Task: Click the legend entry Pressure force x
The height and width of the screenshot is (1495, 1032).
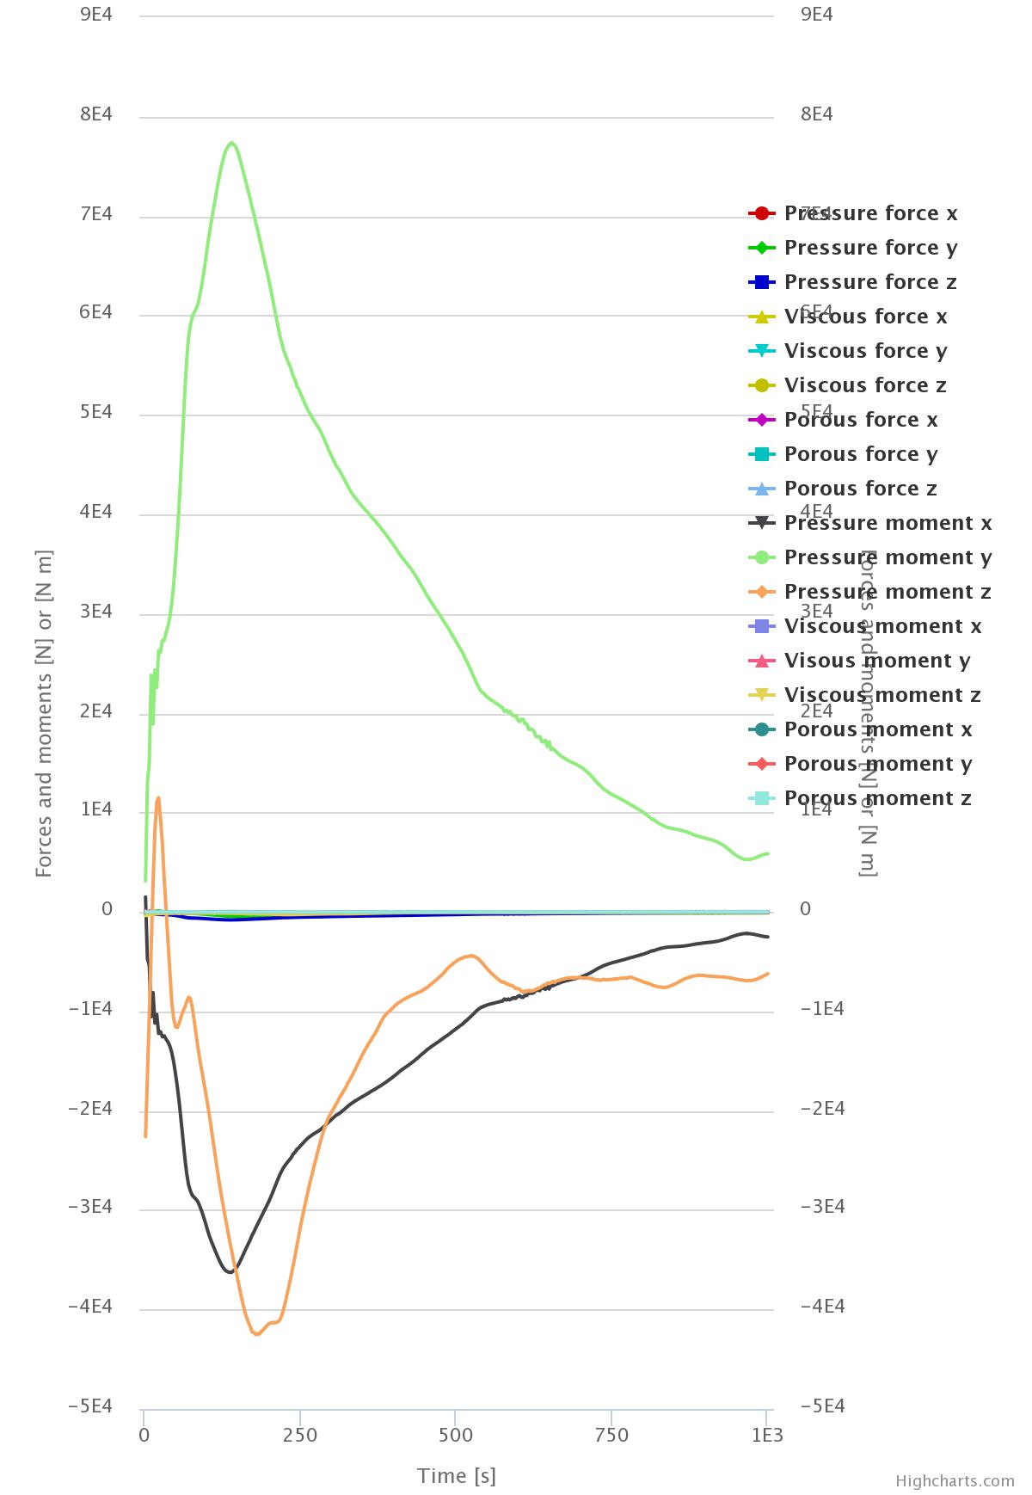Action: pyautogui.click(x=870, y=213)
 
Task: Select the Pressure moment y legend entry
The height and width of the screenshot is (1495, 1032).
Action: pyautogui.click(x=888, y=557)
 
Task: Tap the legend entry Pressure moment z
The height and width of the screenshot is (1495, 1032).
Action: pyautogui.click(x=888, y=592)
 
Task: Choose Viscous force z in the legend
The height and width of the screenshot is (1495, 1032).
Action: pyautogui.click(x=865, y=385)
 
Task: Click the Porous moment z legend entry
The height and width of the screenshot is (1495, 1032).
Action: pyautogui.click(x=877, y=798)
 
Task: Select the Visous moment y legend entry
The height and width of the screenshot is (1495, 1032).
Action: pyautogui.click(x=877, y=661)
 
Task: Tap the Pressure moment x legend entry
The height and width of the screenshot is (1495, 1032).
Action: pyautogui.click(x=888, y=523)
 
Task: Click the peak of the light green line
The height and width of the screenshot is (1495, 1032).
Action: pyautogui.click(x=232, y=143)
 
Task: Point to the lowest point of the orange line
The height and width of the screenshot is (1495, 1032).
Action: pyautogui.click(x=255, y=1333)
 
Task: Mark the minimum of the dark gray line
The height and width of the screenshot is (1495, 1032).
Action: pyautogui.click(x=230, y=1271)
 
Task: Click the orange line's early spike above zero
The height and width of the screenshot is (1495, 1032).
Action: pyautogui.click(x=158, y=798)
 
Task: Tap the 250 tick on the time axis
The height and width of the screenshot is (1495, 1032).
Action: pyautogui.click(x=300, y=1435)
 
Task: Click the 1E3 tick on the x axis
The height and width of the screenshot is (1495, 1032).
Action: pyautogui.click(x=767, y=1435)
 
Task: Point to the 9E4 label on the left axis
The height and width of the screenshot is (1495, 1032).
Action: pyautogui.click(x=96, y=15)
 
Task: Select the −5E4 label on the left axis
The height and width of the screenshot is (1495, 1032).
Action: pyautogui.click(x=90, y=1406)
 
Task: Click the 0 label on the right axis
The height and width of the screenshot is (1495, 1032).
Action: pyautogui.click(x=805, y=909)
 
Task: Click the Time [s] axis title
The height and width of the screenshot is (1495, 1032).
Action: pyautogui.click(x=457, y=1476)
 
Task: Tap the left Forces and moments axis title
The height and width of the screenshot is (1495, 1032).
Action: pyautogui.click(x=44, y=714)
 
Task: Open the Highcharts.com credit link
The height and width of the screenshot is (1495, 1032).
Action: pyautogui.click(x=955, y=1480)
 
